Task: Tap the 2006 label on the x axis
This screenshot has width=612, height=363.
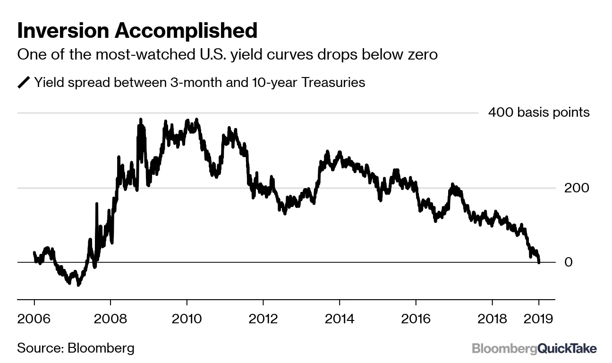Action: [x=34, y=318]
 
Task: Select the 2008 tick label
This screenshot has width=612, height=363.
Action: [x=110, y=318]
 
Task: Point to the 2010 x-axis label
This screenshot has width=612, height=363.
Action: [x=187, y=318]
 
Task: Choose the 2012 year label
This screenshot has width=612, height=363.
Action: [x=263, y=318]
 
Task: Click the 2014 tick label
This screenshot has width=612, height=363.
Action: [x=340, y=318]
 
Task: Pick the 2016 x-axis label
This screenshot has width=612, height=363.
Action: [x=416, y=318]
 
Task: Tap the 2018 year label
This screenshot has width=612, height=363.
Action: [x=492, y=318]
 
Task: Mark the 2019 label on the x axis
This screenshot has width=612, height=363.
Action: [x=539, y=318]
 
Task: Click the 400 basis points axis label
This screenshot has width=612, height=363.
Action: [x=539, y=112]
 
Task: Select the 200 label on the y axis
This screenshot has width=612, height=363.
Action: [x=577, y=188]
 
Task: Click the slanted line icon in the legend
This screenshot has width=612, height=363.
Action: [x=23, y=83]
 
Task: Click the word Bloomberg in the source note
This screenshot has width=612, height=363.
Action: [x=101, y=348]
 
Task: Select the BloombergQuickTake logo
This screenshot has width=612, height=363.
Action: [x=534, y=349]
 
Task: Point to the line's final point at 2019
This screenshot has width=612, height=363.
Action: [x=539, y=262]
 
